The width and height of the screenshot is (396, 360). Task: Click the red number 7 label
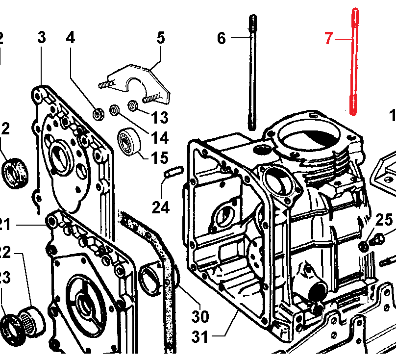pyautogui.click(x=329, y=38)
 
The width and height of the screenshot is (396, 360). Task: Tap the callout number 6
pyautogui.click(x=222, y=38)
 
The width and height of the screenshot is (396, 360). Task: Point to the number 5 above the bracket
pyautogui.click(x=161, y=38)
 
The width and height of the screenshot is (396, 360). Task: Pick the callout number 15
pyautogui.click(x=159, y=158)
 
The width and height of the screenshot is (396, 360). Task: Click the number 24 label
pyautogui.click(x=160, y=207)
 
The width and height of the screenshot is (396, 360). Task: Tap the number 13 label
pyautogui.click(x=159, y=118)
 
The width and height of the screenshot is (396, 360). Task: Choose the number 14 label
pyautogui.click(x=159, y=138)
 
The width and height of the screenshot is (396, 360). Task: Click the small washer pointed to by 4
pyautogui.click(x=99, y=114)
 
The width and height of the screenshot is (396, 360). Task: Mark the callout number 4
pyautogui.click(x=71, y=38)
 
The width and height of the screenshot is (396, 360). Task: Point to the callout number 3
pyautogui.click(x=42, y=38)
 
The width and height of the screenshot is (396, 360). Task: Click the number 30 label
pyautogui.click(x=200, y=316)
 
